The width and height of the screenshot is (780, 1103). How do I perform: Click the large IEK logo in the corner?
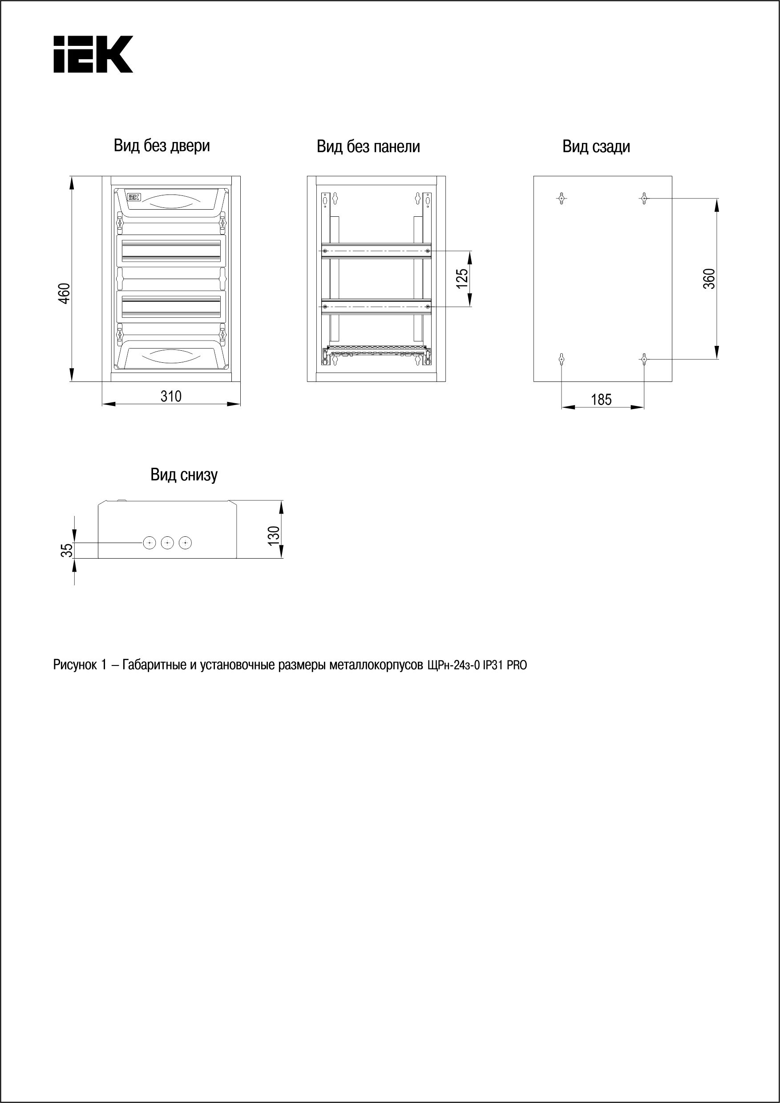click(x=93, y=54)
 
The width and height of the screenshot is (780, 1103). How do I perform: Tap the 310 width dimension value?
click(x=171, y=396)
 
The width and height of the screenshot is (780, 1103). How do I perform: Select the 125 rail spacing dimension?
click(x=461, y=279)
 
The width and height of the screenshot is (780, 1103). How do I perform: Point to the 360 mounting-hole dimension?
click(x=709, y=279)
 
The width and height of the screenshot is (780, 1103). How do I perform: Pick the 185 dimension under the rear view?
click(x=601, y=400)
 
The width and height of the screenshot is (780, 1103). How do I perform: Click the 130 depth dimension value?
click(x=273, y=535)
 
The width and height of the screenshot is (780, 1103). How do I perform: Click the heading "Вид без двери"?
click(x=162, y=146)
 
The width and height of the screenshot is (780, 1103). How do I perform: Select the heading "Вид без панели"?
click(x=368, y=146)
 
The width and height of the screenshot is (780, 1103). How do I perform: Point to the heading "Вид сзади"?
click(x=596, y=146)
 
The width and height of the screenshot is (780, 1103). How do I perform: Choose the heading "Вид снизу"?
click(x=184, y=474)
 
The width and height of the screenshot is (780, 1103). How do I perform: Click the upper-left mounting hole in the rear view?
click(x=562, y=198)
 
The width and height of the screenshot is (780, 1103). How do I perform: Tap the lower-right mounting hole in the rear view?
click(x=644, y=358)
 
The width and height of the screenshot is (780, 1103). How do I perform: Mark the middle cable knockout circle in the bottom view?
click(x=167, y=543)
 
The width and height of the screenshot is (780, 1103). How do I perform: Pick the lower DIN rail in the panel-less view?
click(x=376, y=307)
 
